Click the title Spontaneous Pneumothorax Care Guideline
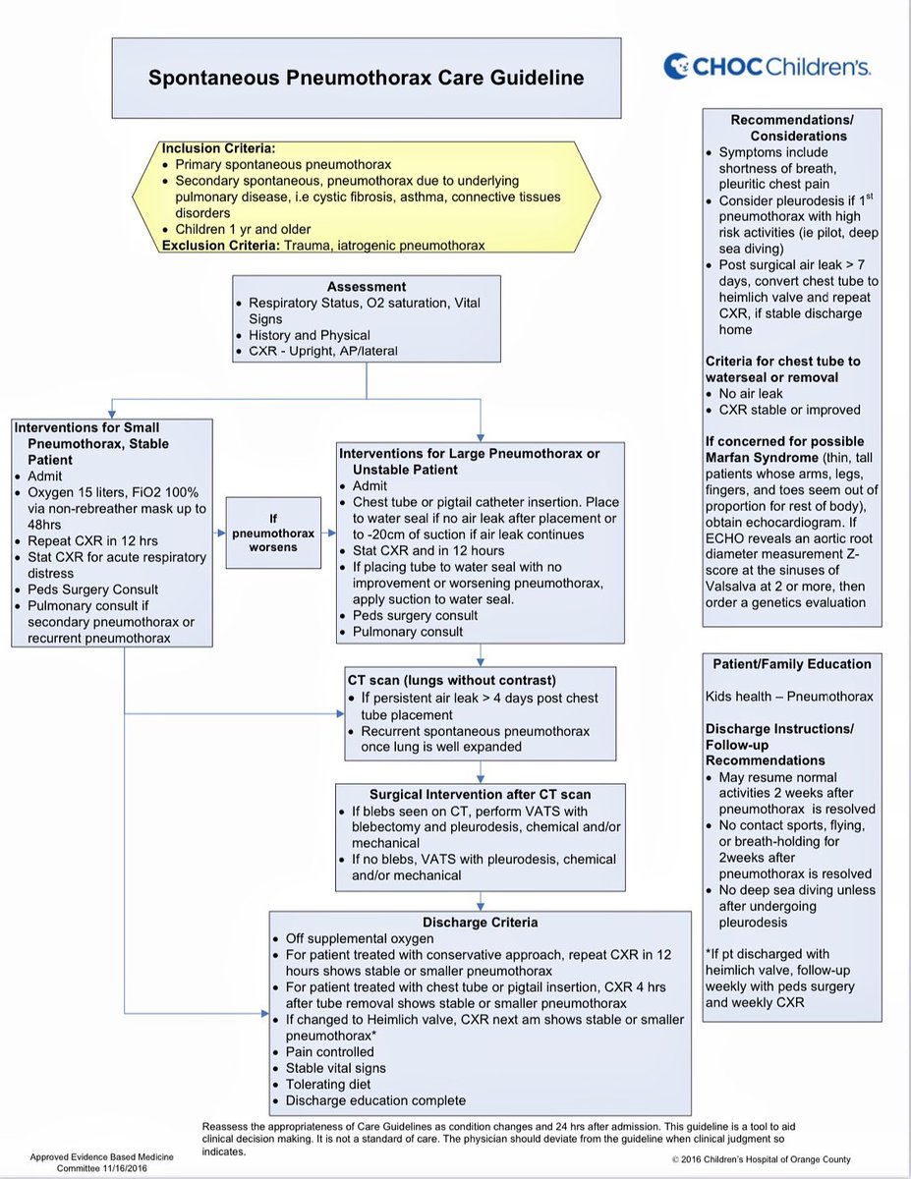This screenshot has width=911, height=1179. click(x=366, y=78)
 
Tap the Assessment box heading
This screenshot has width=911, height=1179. click(x=367, y=288)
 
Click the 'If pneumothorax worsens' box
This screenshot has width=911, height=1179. click(x=274, y=533)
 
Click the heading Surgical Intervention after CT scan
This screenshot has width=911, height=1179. click(x=480, y=794)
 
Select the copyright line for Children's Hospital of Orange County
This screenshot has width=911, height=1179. click(x=761, y=1159)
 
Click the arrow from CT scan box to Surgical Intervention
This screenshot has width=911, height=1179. click(x=480, y=771)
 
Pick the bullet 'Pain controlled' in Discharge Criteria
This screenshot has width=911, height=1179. click(x=330, y=1051)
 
